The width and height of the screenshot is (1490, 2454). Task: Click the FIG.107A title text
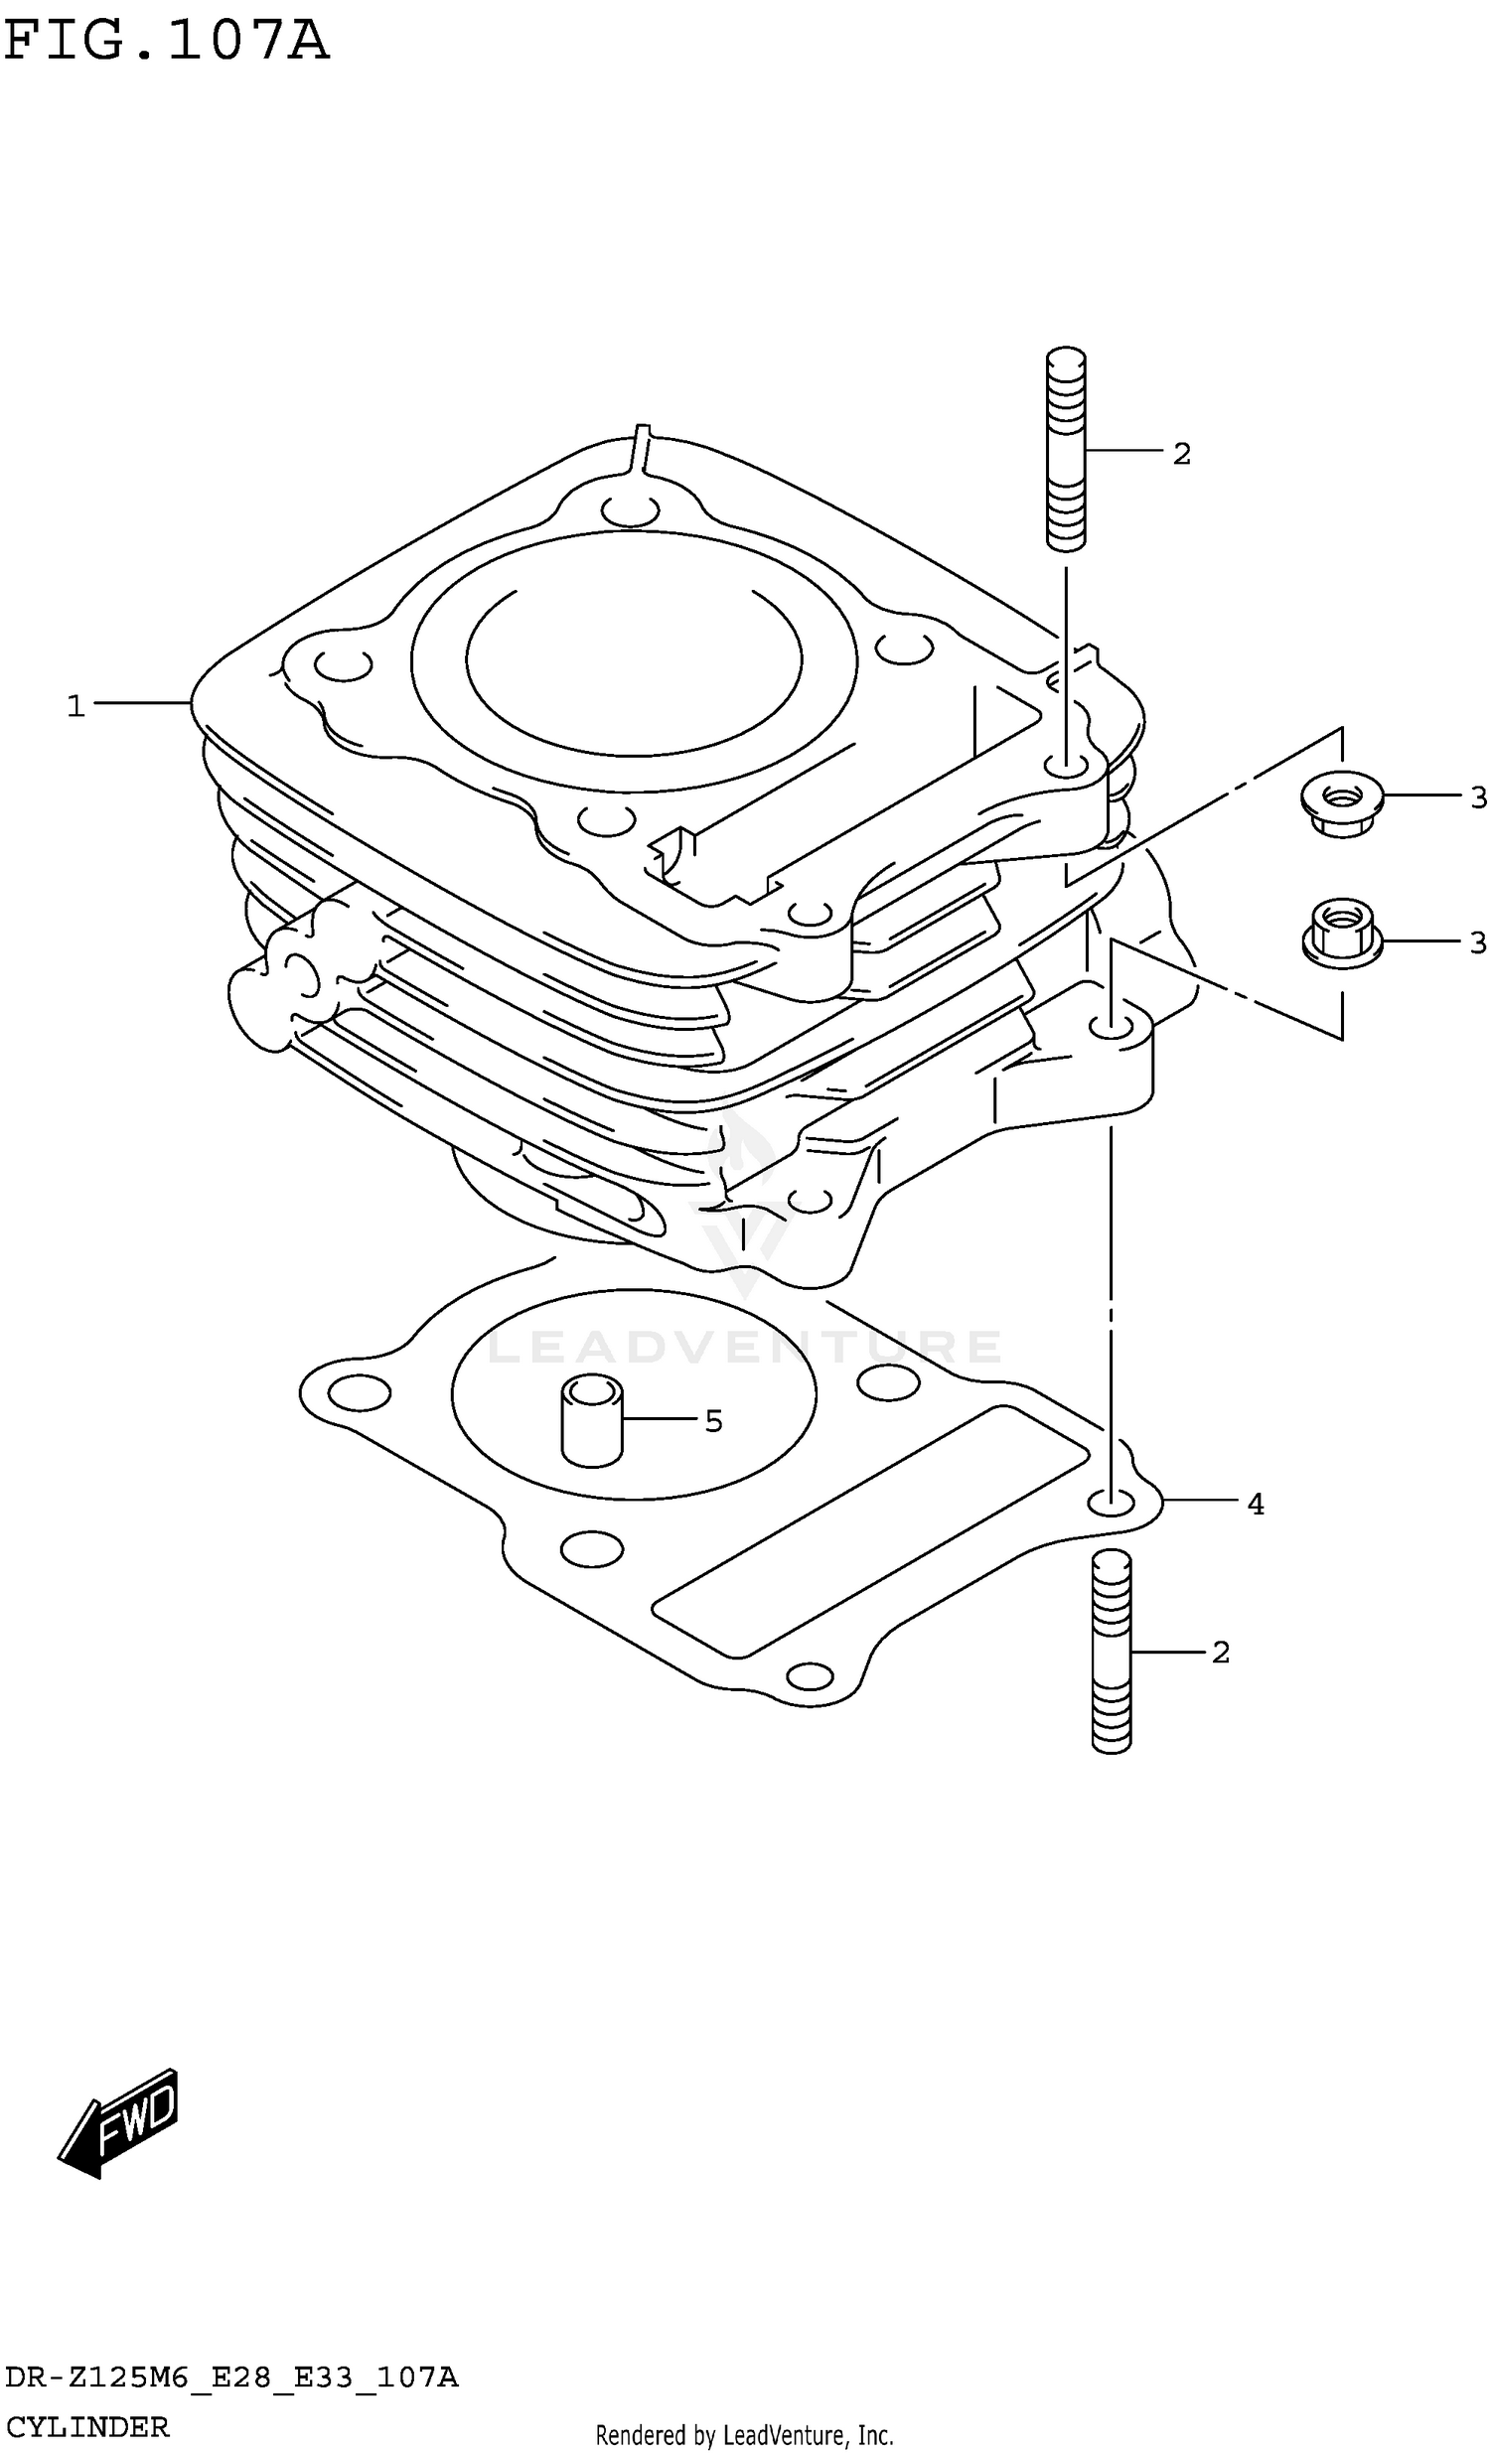click(166, 41)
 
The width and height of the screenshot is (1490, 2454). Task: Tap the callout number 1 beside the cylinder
click(75, 706)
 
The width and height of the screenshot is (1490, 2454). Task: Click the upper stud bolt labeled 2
click(1066, 448)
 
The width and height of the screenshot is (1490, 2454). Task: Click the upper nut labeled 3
click(1341, 805)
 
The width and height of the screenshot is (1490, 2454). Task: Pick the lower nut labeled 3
click(1341, 930)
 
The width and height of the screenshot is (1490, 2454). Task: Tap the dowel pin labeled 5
click(592, 1420)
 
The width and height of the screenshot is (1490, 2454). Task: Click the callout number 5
click(713, 1421)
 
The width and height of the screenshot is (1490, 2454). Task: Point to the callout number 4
click(1255, 1504)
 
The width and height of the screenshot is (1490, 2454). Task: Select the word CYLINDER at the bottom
click(85, 2426)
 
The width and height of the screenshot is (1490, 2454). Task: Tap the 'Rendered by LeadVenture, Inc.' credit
click(744, 2435)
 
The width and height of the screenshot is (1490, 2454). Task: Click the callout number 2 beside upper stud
click(1181, 454)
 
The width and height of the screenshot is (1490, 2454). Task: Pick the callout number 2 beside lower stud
click(1221, 1653)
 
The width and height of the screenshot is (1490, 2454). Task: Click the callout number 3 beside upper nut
click(1478, 796)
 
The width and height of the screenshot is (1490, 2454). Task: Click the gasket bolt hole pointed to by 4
click(1110, 1502)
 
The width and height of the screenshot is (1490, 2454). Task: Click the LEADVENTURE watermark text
click(745, 1348)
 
